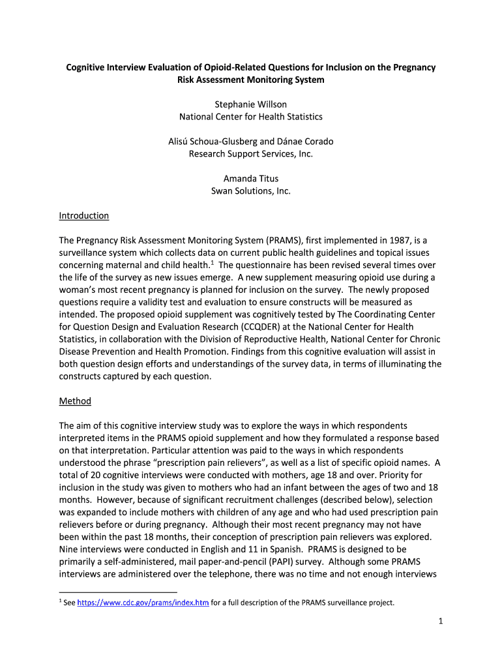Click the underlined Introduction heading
[x=83, y=216]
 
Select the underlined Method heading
[x=75, y=401]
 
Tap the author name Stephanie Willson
[x=251, y=104]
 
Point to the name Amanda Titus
[x=251, y=179]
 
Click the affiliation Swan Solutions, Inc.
[x=251, y=191]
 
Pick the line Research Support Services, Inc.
[x=251, y=154]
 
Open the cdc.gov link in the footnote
[x=143, y=603]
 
